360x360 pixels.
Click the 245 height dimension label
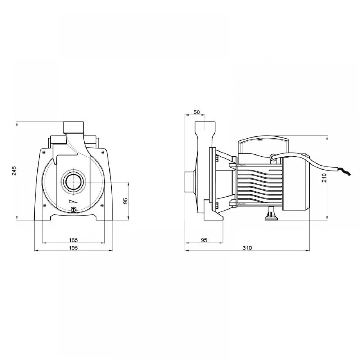14,171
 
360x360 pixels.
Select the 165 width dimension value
73,240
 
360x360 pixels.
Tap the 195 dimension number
73,248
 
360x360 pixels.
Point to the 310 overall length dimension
247,248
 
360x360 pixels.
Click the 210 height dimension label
324,178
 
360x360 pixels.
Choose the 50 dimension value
197,112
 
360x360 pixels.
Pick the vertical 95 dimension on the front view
126,201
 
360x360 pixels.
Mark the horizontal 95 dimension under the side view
204,240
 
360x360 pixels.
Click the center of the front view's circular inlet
73,182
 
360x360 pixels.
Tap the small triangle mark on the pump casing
73,201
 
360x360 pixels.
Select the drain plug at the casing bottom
73,210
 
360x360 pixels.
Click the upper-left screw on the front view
44,152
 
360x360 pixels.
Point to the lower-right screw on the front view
102,205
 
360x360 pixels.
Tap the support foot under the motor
271,213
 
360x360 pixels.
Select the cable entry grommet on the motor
273,157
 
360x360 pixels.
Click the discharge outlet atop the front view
73,127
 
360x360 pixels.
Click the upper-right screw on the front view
102,152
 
